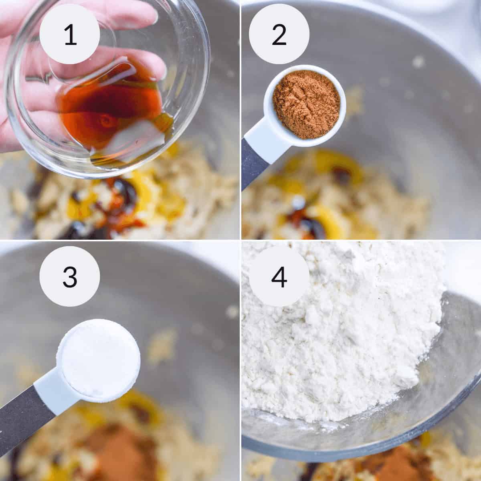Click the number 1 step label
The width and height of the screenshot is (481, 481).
[70, 34]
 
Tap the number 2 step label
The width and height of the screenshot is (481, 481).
[279, 34]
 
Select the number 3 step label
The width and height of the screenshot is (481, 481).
[70, 276]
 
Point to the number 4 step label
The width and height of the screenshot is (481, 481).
[279, 276]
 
